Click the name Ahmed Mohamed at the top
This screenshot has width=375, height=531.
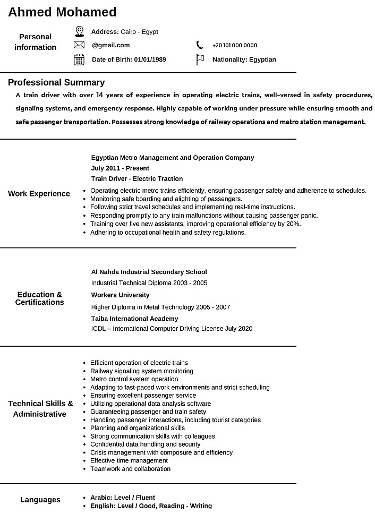tap(62, 12)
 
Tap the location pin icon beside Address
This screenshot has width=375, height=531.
tap(79, 31)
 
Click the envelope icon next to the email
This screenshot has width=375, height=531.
tap(79, 45)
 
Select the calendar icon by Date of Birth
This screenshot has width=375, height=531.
tap(79, 59)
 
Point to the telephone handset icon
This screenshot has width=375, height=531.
tap(200, 45)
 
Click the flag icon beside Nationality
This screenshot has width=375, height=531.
tap(200, 59)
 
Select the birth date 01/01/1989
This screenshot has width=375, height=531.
tap(150, 59)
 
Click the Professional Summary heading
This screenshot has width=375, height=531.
tap(56, 82)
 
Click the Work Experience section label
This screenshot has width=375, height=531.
tap(39, 194)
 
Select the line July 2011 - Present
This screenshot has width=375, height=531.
tap(120, 168)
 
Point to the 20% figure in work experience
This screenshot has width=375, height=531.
tap(293, 224)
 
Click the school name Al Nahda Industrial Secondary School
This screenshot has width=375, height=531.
tap(149, 272)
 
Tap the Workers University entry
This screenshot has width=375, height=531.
tap(121, 295)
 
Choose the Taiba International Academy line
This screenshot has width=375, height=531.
tap(135, 319)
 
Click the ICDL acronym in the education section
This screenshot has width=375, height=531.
tap(98, 329)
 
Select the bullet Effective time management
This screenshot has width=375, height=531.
tap(129, 461)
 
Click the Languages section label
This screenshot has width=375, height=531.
tap(40, 500)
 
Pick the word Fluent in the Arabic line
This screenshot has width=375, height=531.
tap(145, 498)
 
